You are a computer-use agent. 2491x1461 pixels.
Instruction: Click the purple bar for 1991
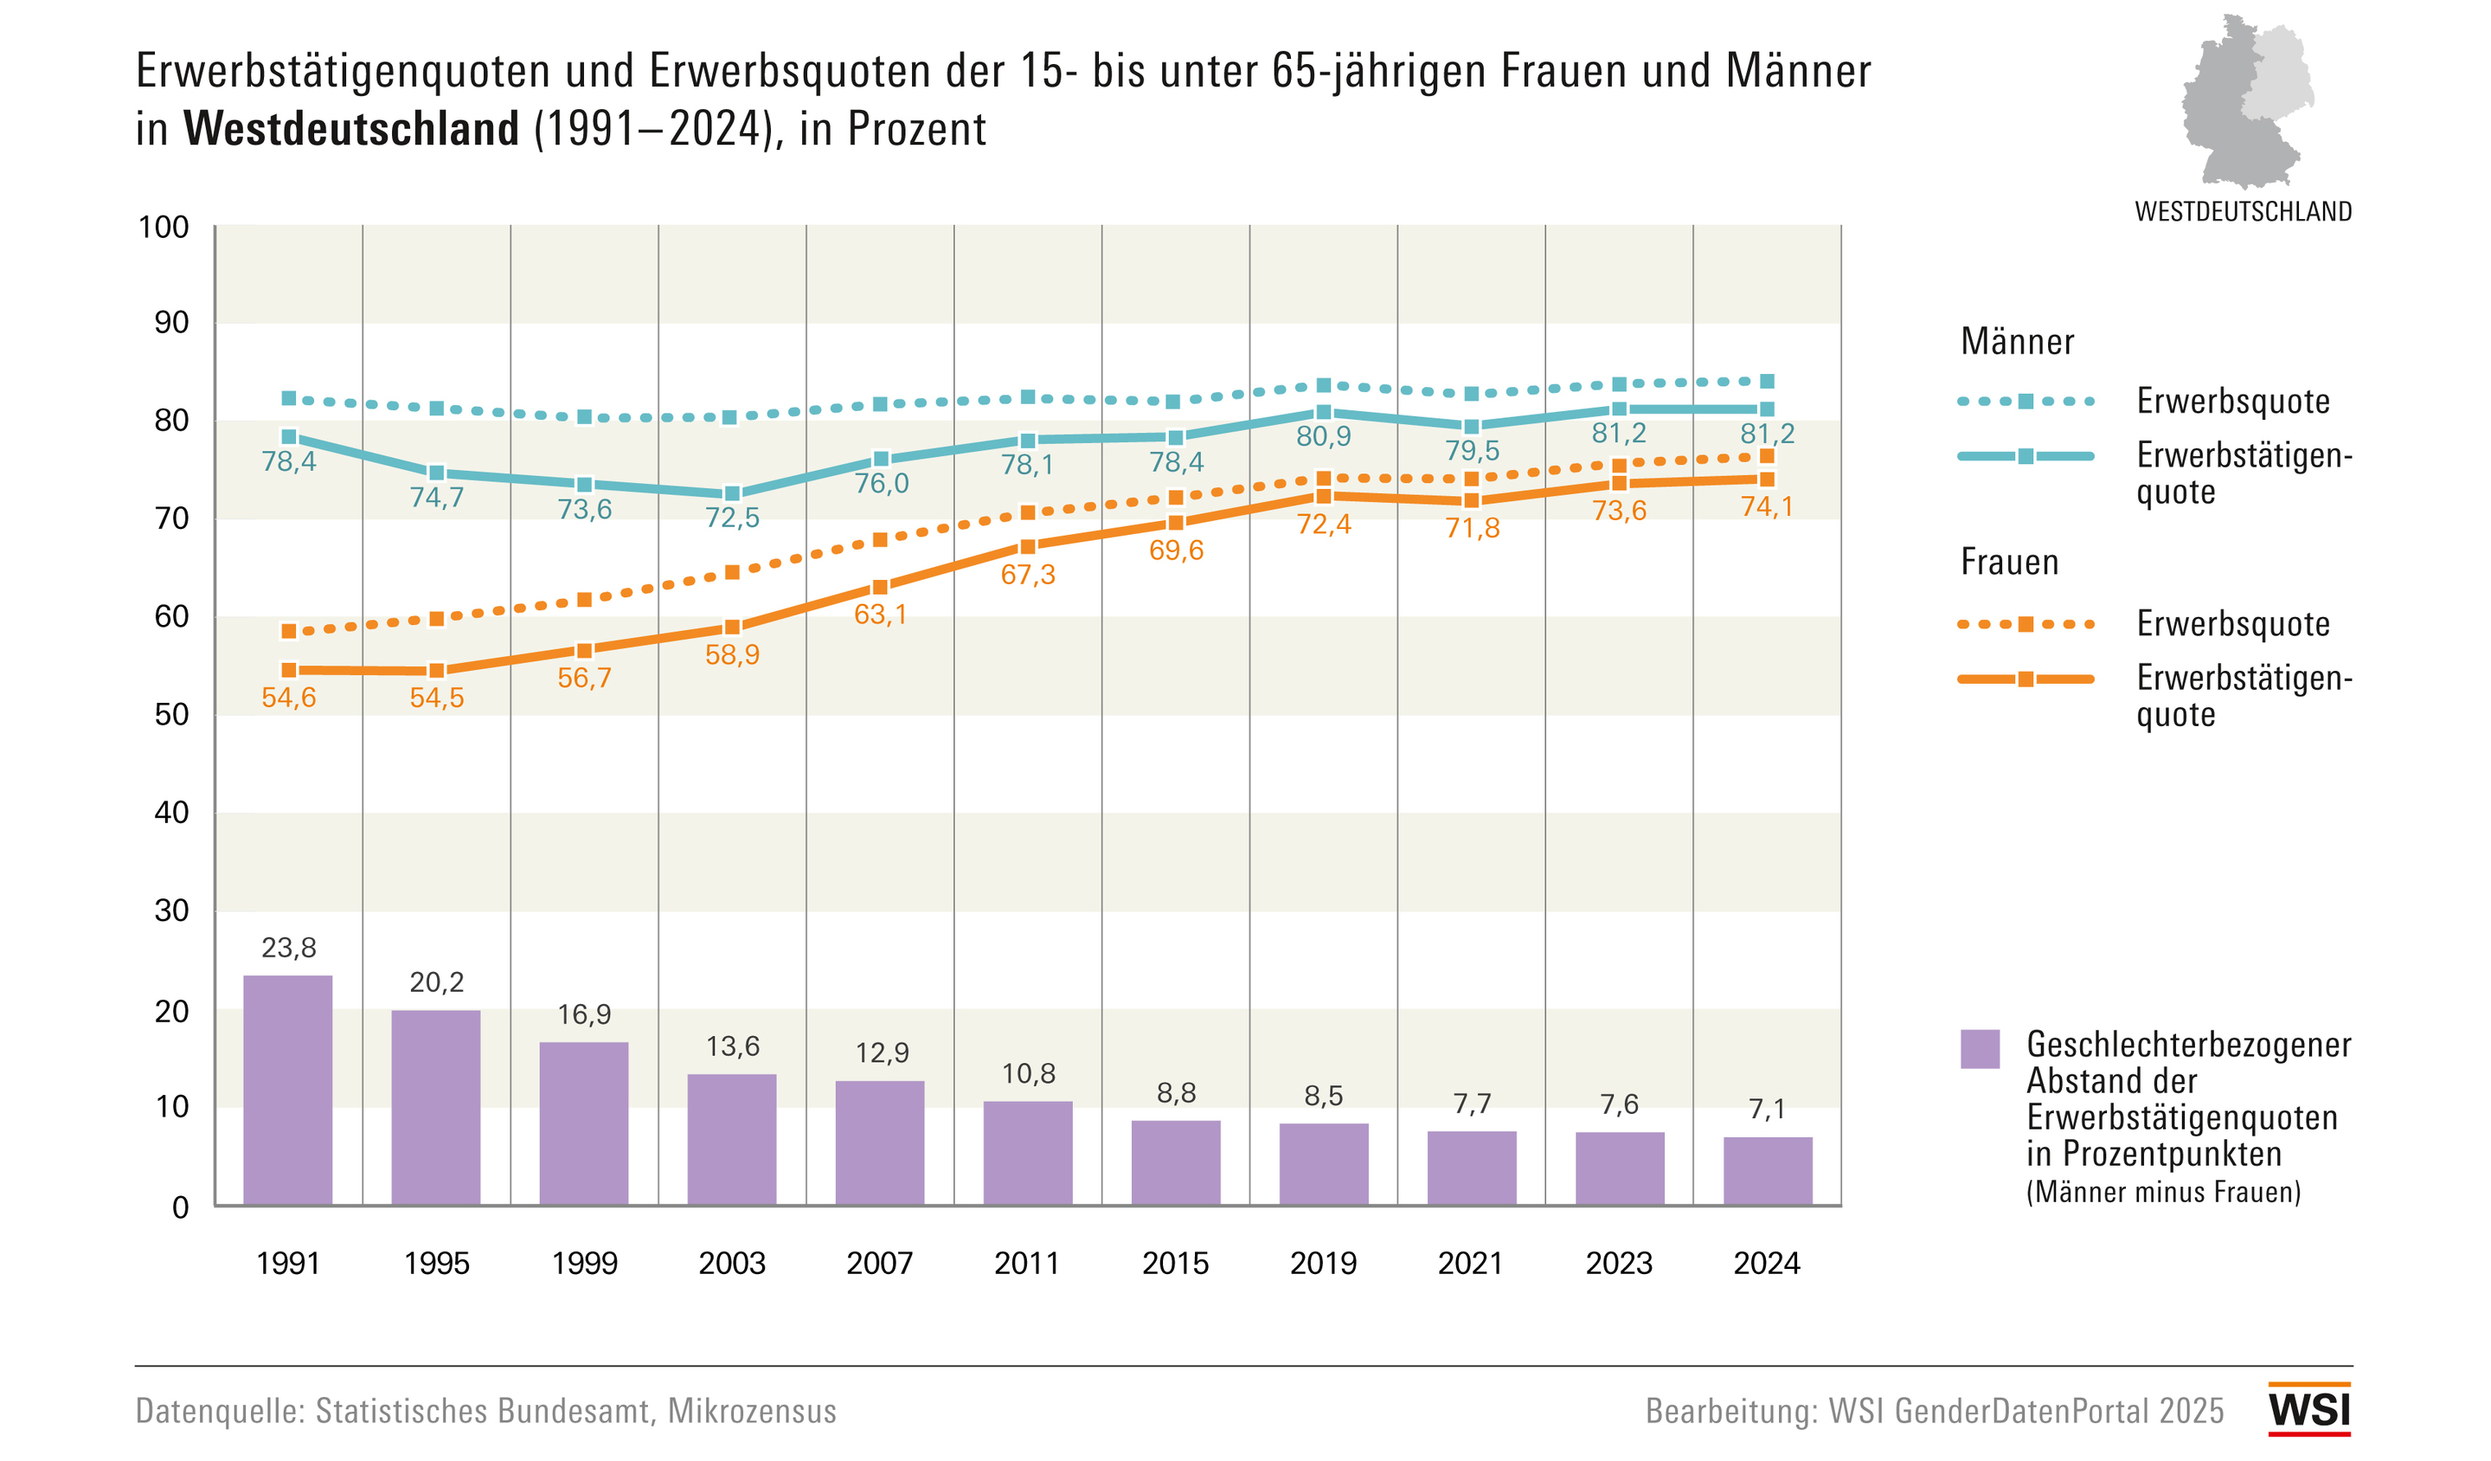point(287,1090)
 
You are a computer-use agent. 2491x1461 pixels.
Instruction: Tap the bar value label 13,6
point(733,1046)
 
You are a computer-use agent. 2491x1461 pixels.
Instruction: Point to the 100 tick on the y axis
point(164,228)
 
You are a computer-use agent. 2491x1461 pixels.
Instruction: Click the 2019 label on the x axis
point(1323,1264)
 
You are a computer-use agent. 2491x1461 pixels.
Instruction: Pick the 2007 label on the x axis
point(880,1264)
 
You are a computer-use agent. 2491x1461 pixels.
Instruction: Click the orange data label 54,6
point(289,698)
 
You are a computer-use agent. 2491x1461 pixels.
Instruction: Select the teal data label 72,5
point(733,517)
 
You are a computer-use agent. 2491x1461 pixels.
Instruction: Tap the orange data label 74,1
point(1767,506)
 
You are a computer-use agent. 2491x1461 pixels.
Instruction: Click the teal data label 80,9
point(1323,436)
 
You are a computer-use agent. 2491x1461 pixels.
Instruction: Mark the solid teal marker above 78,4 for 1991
point(289,437)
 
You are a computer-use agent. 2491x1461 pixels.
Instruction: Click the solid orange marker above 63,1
point(880,587)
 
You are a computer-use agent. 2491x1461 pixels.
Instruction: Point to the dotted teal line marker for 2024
point(1767,382)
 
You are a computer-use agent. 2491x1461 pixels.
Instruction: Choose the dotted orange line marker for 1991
point(289,631)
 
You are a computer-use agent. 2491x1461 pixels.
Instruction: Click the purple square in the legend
point(1980,1049)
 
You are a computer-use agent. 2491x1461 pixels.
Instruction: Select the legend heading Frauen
point(2008,563)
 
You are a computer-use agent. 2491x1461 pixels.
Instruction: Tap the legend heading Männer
point(2017,342)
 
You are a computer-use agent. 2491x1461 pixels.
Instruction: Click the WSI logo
point(2309,1408)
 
